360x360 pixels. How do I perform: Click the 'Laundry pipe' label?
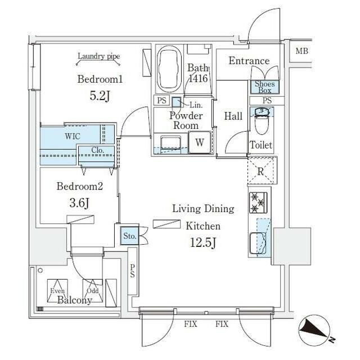click(99, 56)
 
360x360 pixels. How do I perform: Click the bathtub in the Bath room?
click(168, 71)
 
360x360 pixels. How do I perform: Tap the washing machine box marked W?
click(199, 143)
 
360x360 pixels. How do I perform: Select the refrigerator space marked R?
click(260, 169)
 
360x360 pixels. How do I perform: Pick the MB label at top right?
click(302, 52)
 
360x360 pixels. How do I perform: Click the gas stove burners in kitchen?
click(260, 202)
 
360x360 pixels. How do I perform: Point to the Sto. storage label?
click(129, 236)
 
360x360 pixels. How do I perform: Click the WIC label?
click(72, 136)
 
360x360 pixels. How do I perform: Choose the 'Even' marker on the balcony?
click(57, 290)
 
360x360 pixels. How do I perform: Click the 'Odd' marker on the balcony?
click(92, 290)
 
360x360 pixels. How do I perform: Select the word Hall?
click(233, 116)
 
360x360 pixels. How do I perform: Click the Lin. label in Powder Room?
click(195, 105)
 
